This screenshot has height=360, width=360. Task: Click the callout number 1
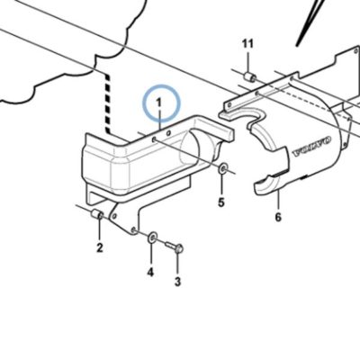[x=158, y=103]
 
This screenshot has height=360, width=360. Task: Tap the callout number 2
[x=100, y=247]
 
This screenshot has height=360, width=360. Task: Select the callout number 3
[x=178, y=282]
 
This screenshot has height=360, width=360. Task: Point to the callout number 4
[x=150, y=272]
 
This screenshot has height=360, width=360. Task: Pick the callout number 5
[x=221, y=202]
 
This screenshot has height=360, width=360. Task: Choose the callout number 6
[x=278, y=217]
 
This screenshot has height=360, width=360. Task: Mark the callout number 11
[x=247, y=44]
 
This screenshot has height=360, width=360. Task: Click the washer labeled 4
[x=152, y=237]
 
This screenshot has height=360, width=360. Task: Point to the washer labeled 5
[x=222, y=168]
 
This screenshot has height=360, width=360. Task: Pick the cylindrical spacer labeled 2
[x=97, y=215]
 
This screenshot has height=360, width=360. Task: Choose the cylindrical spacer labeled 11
[x=249, y=76]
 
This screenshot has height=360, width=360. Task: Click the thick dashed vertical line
[x=107, y=103]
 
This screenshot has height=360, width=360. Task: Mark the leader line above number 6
[x=278, y=200]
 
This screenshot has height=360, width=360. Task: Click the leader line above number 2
[x=100, y=229]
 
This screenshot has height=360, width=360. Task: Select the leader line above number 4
[x=150, y=254]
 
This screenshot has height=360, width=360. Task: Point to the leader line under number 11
[x=248, y=62]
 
